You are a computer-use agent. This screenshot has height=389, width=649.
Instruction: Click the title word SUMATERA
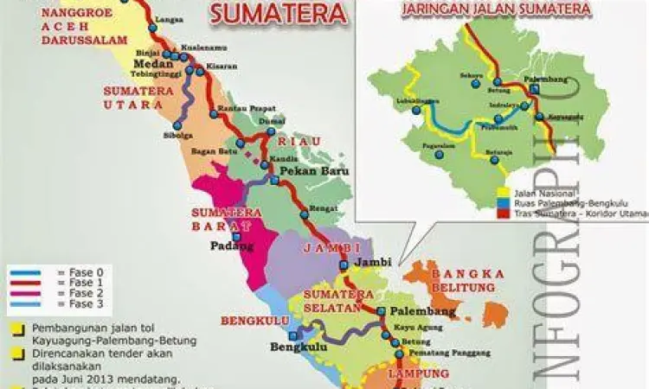click(x=279, y=13)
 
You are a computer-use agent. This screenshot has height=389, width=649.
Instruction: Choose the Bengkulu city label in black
click(x=299, y=348)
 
